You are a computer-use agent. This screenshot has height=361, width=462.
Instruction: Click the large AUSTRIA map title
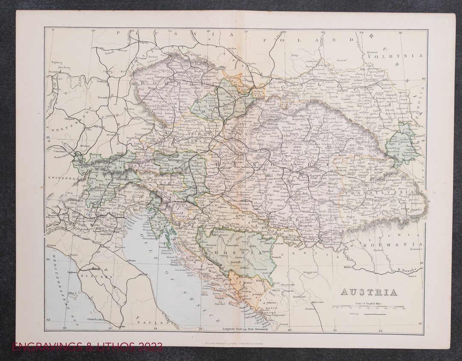pos(368,292)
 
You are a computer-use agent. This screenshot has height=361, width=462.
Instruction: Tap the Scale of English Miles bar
pos(368,307)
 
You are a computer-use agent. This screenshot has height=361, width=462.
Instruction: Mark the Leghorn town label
pos(73,271)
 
